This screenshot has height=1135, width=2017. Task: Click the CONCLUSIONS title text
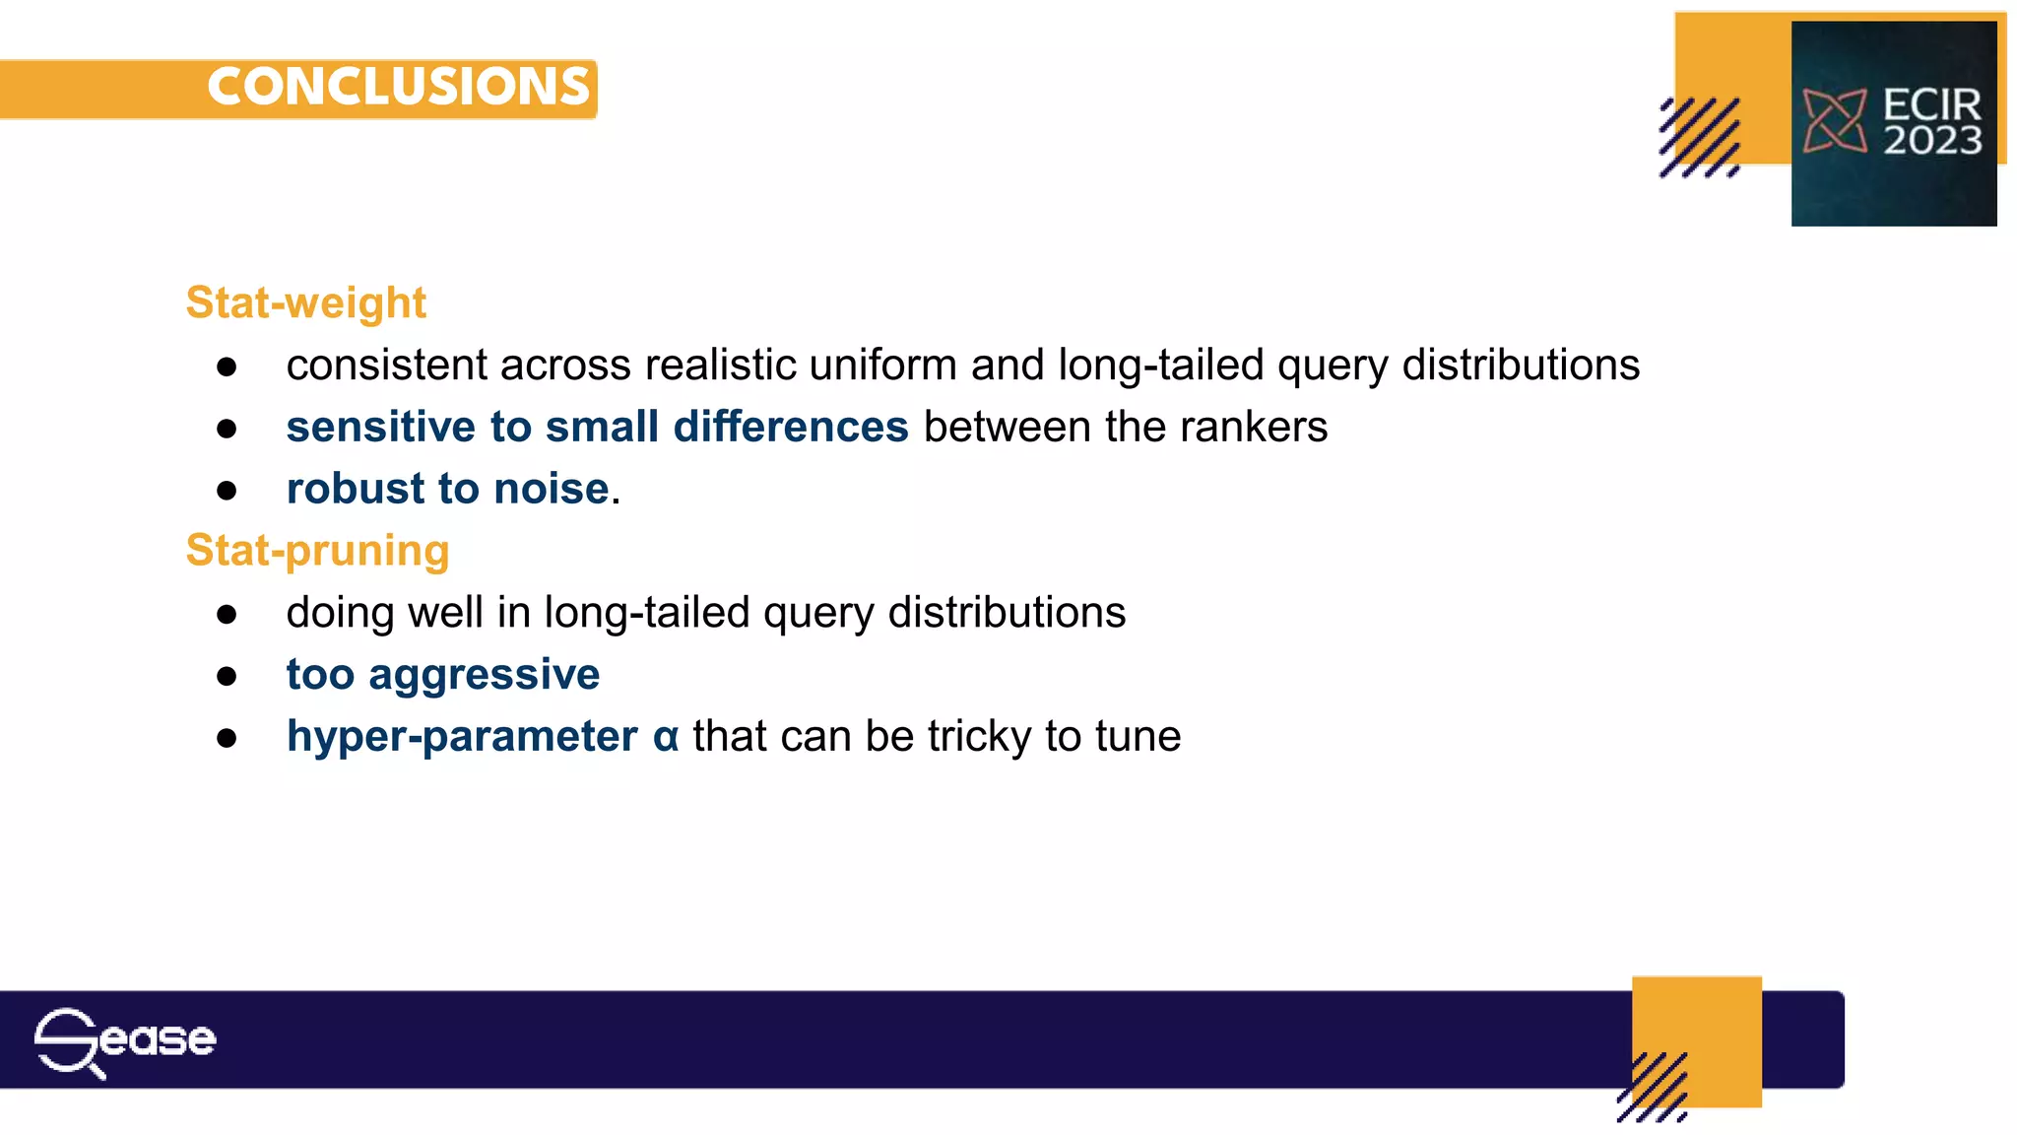pos(398,87)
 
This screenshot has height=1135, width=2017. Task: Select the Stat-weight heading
pos(305,302)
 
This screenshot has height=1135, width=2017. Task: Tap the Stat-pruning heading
pos(317,550)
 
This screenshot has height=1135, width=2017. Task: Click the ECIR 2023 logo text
pos(1931,122)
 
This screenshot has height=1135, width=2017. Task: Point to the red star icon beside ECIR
pos(1834,121)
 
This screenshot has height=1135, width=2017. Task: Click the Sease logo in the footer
pos(125,1040)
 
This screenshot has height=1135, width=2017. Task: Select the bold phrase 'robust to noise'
pos(447,489)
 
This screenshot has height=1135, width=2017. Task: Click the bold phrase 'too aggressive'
pos(442,675)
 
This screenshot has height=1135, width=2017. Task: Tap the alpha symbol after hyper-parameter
pos(666,737)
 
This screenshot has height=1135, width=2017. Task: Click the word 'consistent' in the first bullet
pos(386,366)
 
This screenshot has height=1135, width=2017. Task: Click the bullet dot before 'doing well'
pos(228,615)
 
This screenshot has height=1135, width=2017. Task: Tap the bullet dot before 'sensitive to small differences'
pos(228,429)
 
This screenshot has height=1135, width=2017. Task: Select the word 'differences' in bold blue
pos(791,428)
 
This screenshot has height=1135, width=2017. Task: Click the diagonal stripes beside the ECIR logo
pos(1700,137)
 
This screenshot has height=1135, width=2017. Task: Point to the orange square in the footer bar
pos(1696,1025)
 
